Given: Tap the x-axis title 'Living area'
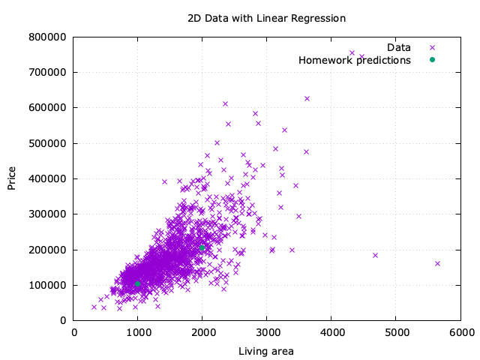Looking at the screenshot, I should (x=266, y=351).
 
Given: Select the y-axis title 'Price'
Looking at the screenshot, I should (x=13, y=178).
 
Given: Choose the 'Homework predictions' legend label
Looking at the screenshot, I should (x=355, y=60).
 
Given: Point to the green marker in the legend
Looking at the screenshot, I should (x=432, y=60).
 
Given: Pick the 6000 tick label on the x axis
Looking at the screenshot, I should (x=460, y=331).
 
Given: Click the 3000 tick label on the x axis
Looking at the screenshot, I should (x=267, y=331).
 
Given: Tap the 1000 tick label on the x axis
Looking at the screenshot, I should (x=138, y=331).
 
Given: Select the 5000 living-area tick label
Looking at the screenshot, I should (x=396, y=331).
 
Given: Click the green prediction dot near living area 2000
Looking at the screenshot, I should (x=202, y=247).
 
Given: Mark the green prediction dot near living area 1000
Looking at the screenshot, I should (x=138, y=283).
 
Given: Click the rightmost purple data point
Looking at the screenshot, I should (x=437, y=263).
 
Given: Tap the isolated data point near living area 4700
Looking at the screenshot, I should (x=375, y=255).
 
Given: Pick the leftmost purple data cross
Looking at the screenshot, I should (x=94, y=307).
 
